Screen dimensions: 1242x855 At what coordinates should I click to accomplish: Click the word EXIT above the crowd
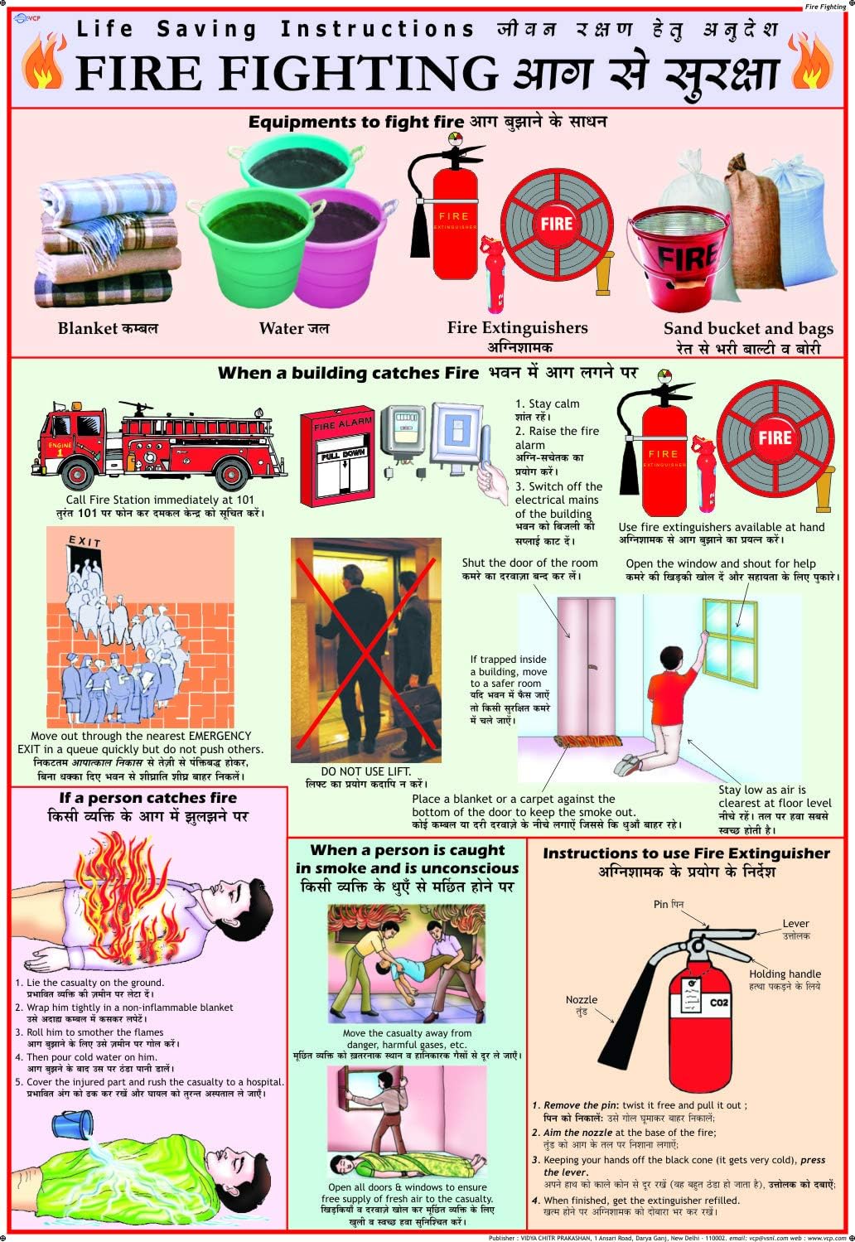[x=85, y=543]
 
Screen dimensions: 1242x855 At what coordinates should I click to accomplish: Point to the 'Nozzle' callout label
[x=582, y=1000]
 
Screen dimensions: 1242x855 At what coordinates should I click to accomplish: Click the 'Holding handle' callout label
[x=785, y=974]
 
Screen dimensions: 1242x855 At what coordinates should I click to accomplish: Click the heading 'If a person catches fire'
[x=147, y=798]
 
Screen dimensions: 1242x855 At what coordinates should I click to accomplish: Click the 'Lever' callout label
[x=795, y=923]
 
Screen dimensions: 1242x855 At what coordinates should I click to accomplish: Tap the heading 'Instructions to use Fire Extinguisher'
[x=686, y=853]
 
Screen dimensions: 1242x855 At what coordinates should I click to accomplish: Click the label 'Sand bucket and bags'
[x=748, y=328]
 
